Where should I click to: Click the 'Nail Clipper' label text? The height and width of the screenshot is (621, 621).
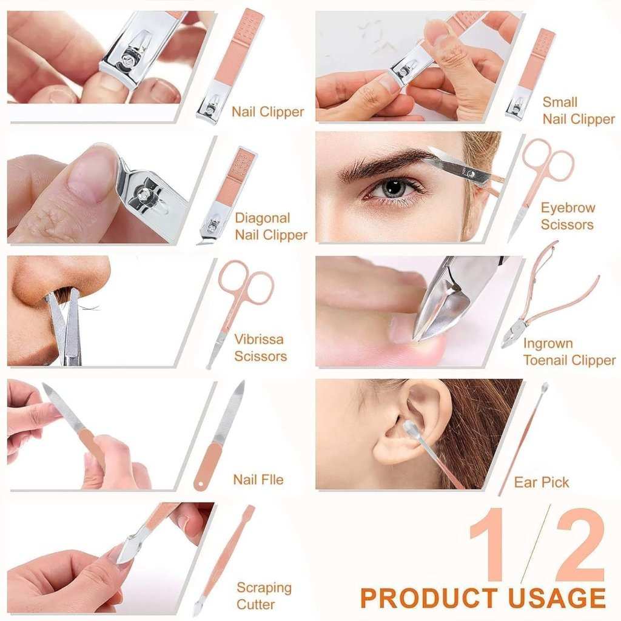point(267,112)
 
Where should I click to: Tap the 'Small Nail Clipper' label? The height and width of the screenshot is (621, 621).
point(578,110)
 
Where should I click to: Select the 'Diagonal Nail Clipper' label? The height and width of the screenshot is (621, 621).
point(271,226)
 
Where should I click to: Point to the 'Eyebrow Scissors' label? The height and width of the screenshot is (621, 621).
point(568,216)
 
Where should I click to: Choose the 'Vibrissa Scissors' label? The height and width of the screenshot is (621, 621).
point(260,347)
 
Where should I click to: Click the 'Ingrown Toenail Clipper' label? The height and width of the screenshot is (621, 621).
point(569,352)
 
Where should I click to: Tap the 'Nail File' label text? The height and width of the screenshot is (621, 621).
point(258,480)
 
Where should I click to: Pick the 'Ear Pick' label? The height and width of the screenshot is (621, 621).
point(541,483)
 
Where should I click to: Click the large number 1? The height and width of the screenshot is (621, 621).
point(490,545)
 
